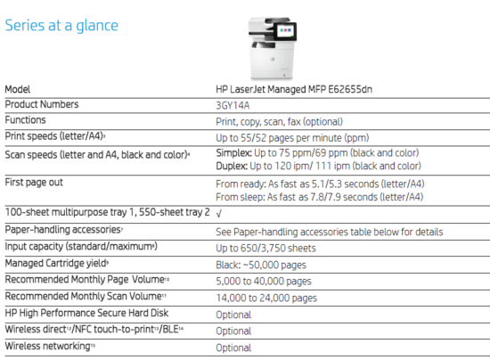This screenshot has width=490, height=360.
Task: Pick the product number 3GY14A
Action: click(x=233, y=105)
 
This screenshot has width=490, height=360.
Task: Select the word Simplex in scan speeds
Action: click(x=234, y=152)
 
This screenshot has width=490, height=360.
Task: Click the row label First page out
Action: click(x=36, y=182)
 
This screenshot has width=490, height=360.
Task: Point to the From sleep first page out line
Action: click(x=319, y=196)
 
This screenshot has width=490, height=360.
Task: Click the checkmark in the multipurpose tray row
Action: click(x=219, y=214)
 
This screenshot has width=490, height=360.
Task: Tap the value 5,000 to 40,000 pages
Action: click(x=265, y=281)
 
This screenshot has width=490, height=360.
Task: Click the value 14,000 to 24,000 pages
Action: click(x=265, y=298)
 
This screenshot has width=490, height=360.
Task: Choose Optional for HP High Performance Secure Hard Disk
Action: click(x=233, y=315)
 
